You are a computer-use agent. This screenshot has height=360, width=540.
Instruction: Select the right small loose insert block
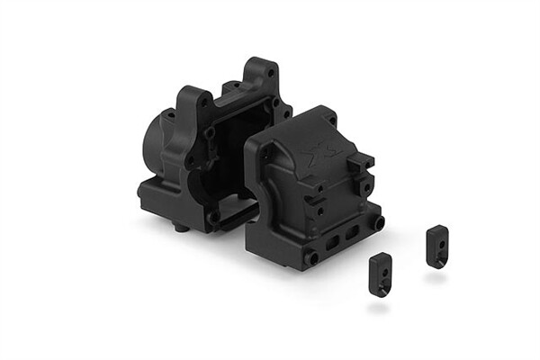point(437,246)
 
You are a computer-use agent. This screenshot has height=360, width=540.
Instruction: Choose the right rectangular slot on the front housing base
point(356,231)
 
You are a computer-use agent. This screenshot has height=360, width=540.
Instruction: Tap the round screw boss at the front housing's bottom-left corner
point(313,258)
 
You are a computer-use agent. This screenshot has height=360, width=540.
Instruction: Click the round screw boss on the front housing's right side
point(379,221)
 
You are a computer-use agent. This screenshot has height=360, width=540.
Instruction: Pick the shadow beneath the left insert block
point(379,306)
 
